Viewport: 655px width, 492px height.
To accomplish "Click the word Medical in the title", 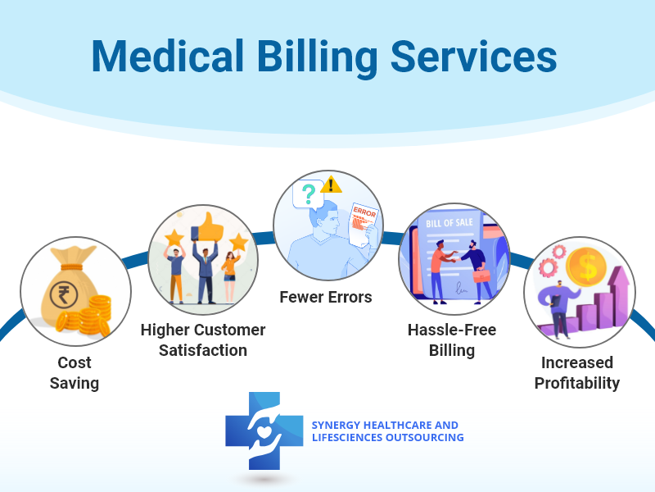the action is [167, 56].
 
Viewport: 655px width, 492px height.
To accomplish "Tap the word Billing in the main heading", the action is [317, 58].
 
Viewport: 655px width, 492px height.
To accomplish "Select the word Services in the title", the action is [474, 57].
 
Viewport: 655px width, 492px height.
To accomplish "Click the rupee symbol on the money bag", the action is [64, 294].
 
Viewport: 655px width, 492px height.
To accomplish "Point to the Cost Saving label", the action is [75, 373].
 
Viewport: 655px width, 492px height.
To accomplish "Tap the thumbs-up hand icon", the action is [211, 226].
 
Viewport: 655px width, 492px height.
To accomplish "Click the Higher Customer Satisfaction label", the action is [203, 340].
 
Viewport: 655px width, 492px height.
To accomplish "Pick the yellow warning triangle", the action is [332, 184].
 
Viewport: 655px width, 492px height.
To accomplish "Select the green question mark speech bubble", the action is [309, 194].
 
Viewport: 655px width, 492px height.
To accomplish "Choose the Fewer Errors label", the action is [326, 297].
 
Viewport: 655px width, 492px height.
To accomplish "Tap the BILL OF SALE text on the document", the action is [449, 222].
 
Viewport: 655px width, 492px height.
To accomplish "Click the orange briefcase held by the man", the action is [481, 276].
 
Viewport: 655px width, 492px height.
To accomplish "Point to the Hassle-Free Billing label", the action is [452, 340].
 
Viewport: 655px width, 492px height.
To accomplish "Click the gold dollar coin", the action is [586, 267].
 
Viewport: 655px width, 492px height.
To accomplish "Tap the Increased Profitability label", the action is [577, 373].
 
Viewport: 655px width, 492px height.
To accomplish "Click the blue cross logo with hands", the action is [264, 431].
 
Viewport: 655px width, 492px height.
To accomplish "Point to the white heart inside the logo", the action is [264, 431].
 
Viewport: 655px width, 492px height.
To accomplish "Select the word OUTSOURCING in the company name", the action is [424, 438].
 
